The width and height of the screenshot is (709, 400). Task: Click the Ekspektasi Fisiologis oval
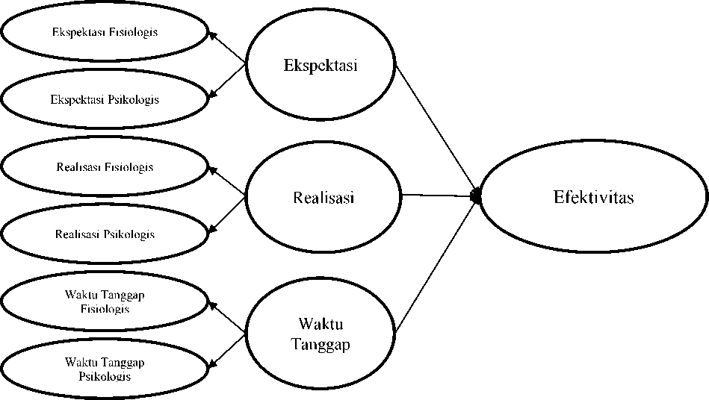[x=105, y=32]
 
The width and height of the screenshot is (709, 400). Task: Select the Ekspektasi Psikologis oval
[x=105, y=99]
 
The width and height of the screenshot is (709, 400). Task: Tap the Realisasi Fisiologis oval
[x=105, y=166]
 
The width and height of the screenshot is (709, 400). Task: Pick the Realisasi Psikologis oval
[x=105, y=234]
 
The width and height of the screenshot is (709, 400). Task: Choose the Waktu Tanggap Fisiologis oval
[x=105, y=301]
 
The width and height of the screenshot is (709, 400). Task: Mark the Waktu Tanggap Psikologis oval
[x=105, y=369]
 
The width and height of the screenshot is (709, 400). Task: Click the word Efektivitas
[x=593, y=197]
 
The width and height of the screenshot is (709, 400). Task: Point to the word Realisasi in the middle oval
[x=323, y=198]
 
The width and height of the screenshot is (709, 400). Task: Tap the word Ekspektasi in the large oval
[x=321, y=64]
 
